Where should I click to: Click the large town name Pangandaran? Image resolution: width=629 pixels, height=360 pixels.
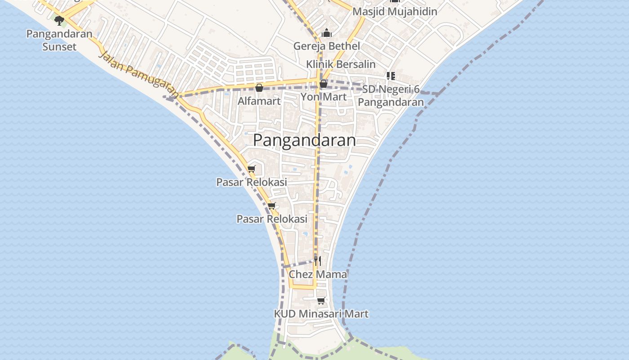click(305, 140)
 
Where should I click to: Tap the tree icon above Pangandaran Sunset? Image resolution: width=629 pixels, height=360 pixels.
click(59, 20)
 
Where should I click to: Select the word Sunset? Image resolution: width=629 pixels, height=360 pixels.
click(59, 47)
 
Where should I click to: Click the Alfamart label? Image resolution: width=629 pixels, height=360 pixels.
click(259, 101)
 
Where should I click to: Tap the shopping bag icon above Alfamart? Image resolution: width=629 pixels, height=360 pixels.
click(259, 88)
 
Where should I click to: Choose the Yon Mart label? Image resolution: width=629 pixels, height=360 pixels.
click(323, 97)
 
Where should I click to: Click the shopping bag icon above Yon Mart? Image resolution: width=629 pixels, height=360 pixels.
click(323, 84)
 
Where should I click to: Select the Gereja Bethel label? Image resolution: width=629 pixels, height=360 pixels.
click(327, 46)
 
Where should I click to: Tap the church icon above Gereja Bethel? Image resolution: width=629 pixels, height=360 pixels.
click(327, 33)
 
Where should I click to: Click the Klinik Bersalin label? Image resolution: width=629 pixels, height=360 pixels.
click(341, 64)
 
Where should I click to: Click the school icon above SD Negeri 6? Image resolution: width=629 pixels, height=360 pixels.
click(391, 76)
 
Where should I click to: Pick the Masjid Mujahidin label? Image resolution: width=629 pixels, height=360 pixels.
click(395, 12)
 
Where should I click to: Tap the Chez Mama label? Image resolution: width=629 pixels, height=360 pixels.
click(318, 274)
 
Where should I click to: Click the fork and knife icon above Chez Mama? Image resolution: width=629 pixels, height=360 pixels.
click(318, 261)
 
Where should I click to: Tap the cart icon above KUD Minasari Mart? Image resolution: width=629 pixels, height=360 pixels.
click(321, 301)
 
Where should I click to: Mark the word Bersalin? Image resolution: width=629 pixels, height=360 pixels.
click(355, 64)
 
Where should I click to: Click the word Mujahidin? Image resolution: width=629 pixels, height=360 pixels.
click(412, 12)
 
